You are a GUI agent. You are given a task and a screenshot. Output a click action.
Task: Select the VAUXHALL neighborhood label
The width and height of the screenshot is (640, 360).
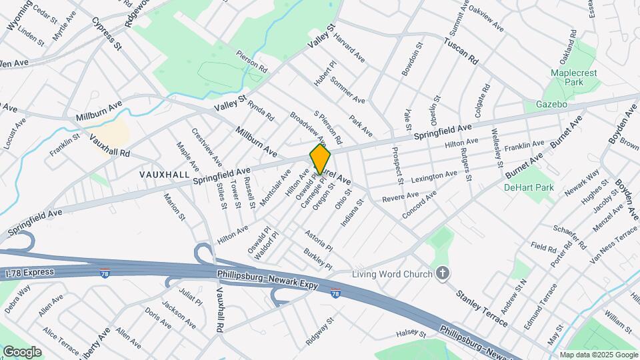coord(164,173)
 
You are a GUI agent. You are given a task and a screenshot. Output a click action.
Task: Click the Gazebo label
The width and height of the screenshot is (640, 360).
coord(552,105)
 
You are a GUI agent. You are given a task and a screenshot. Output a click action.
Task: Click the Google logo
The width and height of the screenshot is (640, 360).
coord(22,351)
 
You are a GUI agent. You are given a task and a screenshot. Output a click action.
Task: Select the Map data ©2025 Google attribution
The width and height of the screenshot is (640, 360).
coord(598,355)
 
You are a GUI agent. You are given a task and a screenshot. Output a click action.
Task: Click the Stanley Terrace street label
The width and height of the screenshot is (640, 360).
coord(481,307)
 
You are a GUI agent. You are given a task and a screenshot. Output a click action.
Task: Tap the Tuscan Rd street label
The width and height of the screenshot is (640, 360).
coord(461,50)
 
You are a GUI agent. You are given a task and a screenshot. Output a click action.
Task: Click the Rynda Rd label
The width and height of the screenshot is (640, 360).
coord(261,110)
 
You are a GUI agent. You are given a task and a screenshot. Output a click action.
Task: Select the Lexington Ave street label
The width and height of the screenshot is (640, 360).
coord(434,177)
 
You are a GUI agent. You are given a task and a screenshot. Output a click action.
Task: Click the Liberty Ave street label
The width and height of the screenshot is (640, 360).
coord(93,343)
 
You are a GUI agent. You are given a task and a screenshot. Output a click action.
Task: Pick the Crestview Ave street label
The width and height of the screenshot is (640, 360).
coord(207,148)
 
